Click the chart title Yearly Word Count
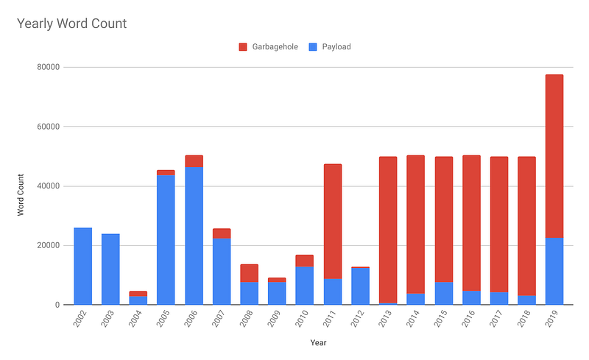(71, 24)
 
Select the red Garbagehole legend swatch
(244, 47)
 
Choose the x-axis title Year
(319, 342)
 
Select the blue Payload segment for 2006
(194, 236)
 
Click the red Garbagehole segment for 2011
(333, 221)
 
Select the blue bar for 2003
(110, 269)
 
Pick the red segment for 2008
(249, 273)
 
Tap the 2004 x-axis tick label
(138, 318)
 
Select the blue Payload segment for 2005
(166, 239)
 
